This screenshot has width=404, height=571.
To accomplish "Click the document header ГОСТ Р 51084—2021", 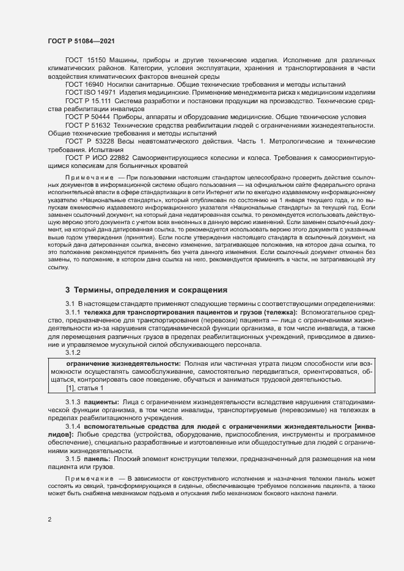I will pyautogui.click(x=80, y=41).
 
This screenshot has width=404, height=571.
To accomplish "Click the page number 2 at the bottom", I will pyautogui.click(x=50, y=520).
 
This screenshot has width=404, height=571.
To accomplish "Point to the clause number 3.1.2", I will pyautogui.click(x=73, y=353).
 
